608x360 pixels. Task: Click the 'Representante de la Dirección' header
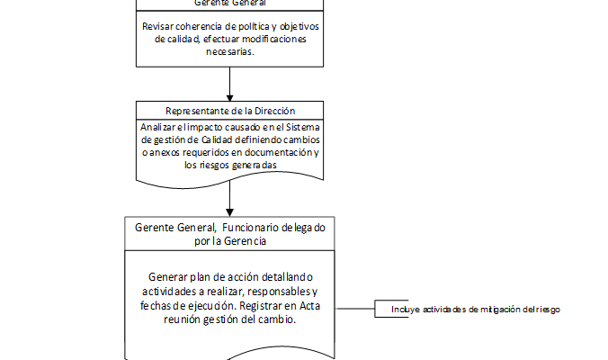click(231, 111)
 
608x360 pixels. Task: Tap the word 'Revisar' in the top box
click(160, 26)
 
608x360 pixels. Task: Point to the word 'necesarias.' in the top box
click(231, 51)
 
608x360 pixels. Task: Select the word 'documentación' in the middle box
click(275, 153)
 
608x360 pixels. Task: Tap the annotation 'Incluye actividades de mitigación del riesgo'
click(476, 310)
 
